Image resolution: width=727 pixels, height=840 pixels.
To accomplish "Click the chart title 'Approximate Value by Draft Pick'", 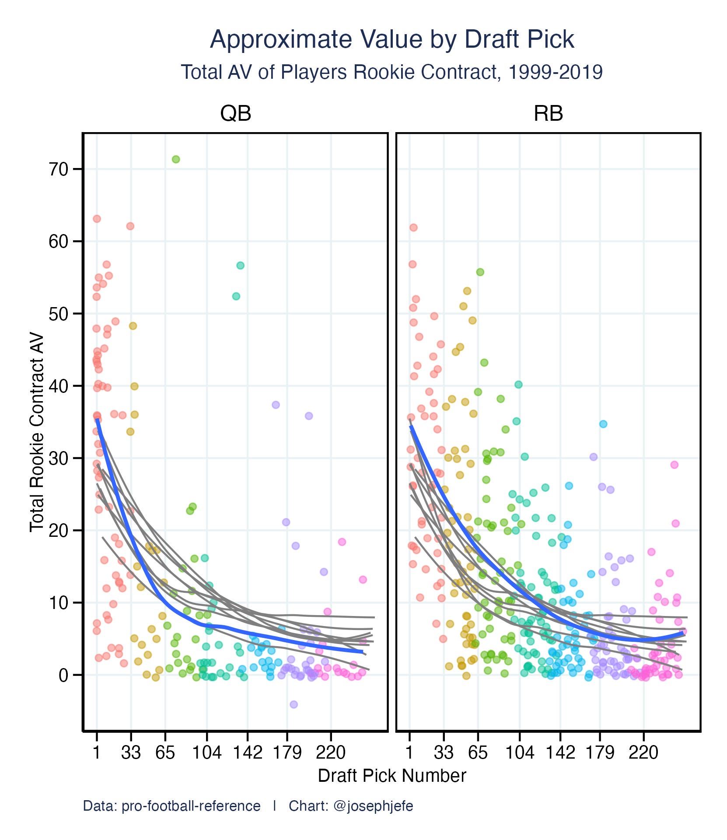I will [391, 40].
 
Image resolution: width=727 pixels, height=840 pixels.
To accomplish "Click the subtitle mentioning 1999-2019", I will [391, 72].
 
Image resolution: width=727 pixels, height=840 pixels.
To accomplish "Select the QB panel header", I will [235, 114].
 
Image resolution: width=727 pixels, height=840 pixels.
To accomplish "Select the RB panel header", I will [548, 114].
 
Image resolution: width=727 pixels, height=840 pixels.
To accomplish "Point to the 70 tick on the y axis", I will [59, 169].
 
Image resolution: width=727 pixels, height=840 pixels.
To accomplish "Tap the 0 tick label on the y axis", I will [63, 675].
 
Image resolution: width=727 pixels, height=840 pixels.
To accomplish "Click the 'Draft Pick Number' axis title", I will [391, 776].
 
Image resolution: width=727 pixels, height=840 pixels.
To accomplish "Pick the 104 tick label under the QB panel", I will [207, 753].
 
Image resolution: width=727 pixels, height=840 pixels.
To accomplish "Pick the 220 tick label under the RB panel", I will [643, 753].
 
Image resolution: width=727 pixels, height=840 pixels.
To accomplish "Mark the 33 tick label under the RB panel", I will [444, 753].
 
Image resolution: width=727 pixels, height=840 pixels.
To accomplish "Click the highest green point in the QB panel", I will [176, 159].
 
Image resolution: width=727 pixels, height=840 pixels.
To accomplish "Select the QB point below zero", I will [294, 704].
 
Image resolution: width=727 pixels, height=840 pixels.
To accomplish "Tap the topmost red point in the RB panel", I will [413, 227].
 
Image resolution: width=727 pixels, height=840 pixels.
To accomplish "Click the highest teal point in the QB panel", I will [240, 266].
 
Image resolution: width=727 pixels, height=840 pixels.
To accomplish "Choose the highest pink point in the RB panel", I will [674, 465].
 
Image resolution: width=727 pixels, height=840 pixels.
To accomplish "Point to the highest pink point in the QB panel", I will [342, 542].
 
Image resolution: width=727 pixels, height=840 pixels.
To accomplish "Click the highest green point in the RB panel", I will [480, 272].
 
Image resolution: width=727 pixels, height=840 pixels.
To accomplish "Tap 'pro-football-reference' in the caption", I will [191, 806].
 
